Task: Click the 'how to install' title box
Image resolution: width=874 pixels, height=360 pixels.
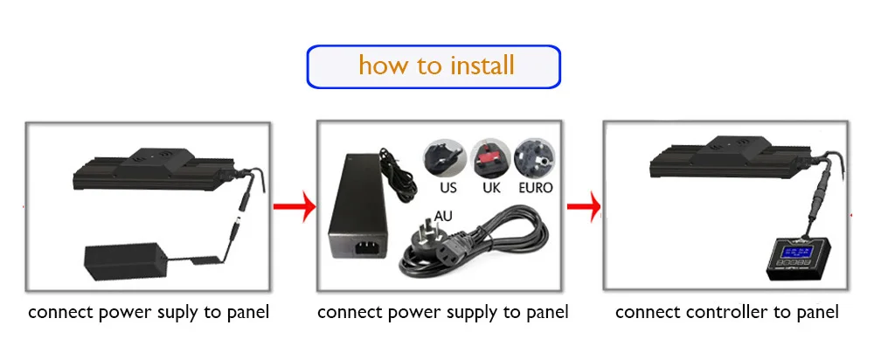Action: [434, 66]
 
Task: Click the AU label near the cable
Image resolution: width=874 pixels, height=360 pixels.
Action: [445, 213]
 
